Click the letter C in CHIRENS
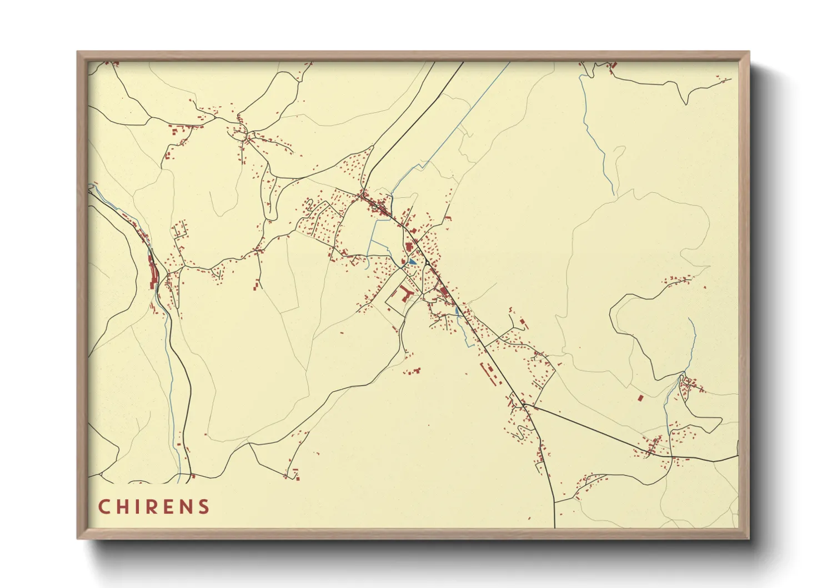[104, 507]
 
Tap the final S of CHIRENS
[205, 507]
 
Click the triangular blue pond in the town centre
[412, 261]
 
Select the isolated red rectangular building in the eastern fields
[640, 398]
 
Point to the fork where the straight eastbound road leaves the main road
[524, 405]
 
